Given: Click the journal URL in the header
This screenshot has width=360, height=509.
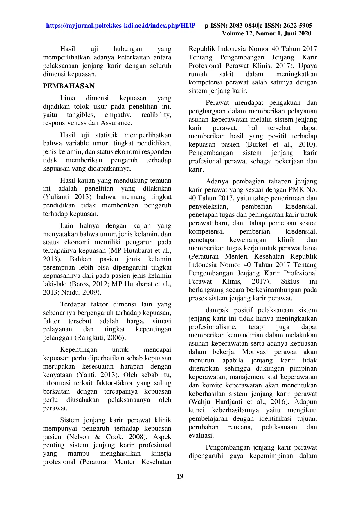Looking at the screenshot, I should coord(121,26).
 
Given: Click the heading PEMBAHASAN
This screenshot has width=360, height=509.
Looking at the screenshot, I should coord(69,86).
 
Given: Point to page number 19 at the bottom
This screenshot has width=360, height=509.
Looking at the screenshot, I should coord(180,476).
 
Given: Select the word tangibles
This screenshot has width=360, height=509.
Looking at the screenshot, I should coord(81,115).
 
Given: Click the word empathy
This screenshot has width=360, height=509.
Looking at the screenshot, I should coord(118,115).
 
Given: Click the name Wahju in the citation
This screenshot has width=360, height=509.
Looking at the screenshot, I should coord(200,402).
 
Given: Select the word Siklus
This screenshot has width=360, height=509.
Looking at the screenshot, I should coord(290,281).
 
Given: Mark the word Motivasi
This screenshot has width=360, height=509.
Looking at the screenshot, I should coord(255,352).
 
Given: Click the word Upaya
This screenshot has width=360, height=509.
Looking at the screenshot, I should coord(307,66).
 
